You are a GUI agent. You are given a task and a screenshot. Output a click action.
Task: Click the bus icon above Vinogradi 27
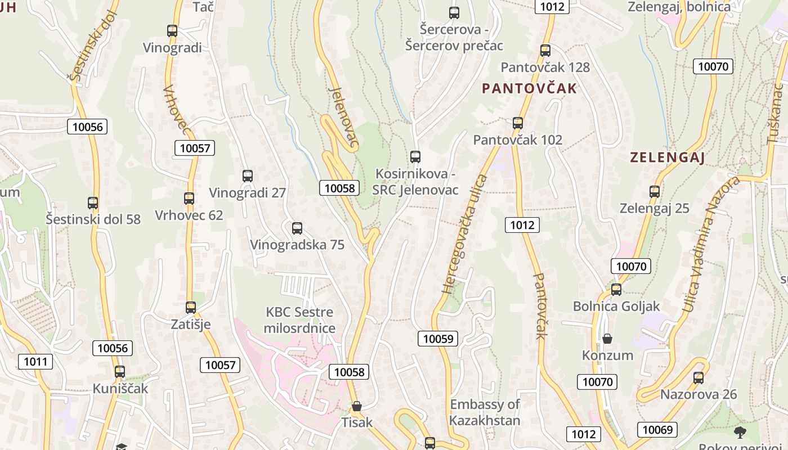pyautogui.click(x=248, y=176)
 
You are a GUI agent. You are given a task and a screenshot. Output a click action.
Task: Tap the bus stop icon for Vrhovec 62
pyautogui.click(x=189, y=199)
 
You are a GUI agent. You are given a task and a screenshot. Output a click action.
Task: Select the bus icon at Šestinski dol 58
pyautogui.click(x=93, y=203)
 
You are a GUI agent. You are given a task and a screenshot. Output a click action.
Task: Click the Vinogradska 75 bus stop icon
pyautogui.click(x=297, y=228)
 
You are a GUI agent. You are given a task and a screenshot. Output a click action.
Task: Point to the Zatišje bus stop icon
pyautogui.click(x=191, y=308)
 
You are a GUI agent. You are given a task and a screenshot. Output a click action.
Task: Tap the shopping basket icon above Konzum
pyautogui.click(x=607, y=339)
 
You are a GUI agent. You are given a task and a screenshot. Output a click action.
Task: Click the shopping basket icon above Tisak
pyautogui.click(x=356, y=406)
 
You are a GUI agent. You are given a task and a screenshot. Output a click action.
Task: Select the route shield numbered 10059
pyautogui.click(x=438, y=338)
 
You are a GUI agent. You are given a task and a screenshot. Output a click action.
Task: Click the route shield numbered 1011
pyautogui.click(x=35, y=361)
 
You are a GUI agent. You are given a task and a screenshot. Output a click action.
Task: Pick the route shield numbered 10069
pyautogui.click(x=657, y=430)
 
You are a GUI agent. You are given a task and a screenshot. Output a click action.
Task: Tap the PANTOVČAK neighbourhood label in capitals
pyautogui.click(x=530, y=88)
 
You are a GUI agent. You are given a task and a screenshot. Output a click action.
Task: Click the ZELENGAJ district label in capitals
pyautogui.click(x=668, y=157)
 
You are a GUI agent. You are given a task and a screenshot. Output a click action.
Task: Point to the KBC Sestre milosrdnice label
pyautogui.click(x=299, y=320)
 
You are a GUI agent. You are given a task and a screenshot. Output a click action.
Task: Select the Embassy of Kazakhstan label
pyautogui.click(x=485, y=412)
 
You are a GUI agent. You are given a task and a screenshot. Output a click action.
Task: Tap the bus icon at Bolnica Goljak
pyautogui.click(x=616, y=290)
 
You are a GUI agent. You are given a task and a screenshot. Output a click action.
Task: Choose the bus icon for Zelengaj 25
pyautogui.click(x=655, y=192)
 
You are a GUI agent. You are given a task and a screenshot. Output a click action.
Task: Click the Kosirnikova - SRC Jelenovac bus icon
pyautogui.click(x=415, y=157)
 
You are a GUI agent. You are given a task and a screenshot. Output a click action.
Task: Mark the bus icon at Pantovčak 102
pyautogui.click(x=518, y=123)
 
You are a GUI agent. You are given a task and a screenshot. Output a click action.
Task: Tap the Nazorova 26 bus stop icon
pyautogui.click(x=699, y=378)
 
